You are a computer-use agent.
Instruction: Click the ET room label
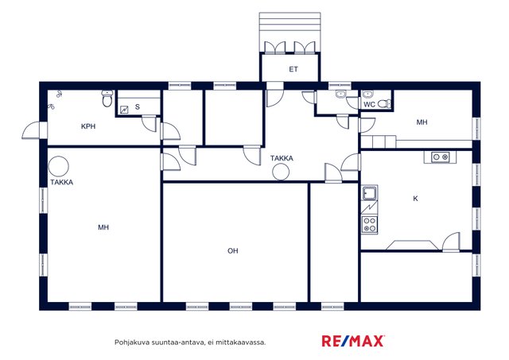(293, 69)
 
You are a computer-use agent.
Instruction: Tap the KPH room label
(88, 126)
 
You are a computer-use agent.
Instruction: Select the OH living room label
(233, 250)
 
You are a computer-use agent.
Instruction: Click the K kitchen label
(415, 199)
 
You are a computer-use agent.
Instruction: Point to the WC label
(369, 104)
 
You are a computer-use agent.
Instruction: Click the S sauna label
(138, 106)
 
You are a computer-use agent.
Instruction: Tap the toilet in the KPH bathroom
(107, 99)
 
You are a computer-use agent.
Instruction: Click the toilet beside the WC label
(384, 103)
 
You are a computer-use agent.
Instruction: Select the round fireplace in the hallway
(281, 172)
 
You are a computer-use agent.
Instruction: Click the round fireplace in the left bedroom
(58, 166)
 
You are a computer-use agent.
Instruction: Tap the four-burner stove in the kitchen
(370, 225)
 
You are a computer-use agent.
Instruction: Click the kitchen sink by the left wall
(369, 193)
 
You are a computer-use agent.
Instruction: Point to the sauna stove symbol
(124, 110)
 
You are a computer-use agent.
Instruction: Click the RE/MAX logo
(353, 341)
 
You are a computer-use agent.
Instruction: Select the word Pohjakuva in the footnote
(128, 343)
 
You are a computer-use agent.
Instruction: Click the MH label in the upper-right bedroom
(422, 122)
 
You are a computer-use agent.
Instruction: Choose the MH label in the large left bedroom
(103, 227)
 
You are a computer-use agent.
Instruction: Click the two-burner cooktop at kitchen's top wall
(441, 157)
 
